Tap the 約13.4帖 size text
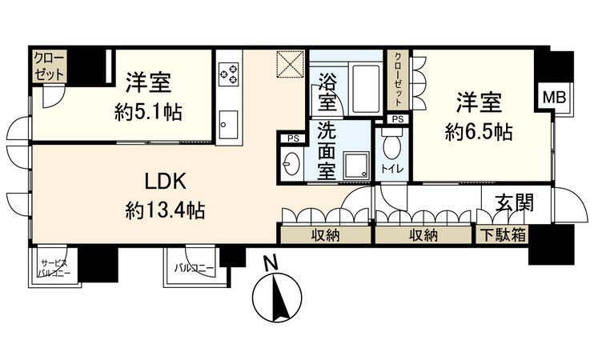click(x=165, y=210)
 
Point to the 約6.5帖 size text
click(x=480, y=130)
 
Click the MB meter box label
click(x=554, y=97)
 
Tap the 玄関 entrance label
click(x=509, y=204)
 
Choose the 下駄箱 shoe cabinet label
click(x=503, y=235)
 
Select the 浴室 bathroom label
click(x=327, y=92)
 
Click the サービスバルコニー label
click(x=54, y=269)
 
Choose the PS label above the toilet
click(x=395, y=119)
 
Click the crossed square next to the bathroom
click(x=289, y=64)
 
